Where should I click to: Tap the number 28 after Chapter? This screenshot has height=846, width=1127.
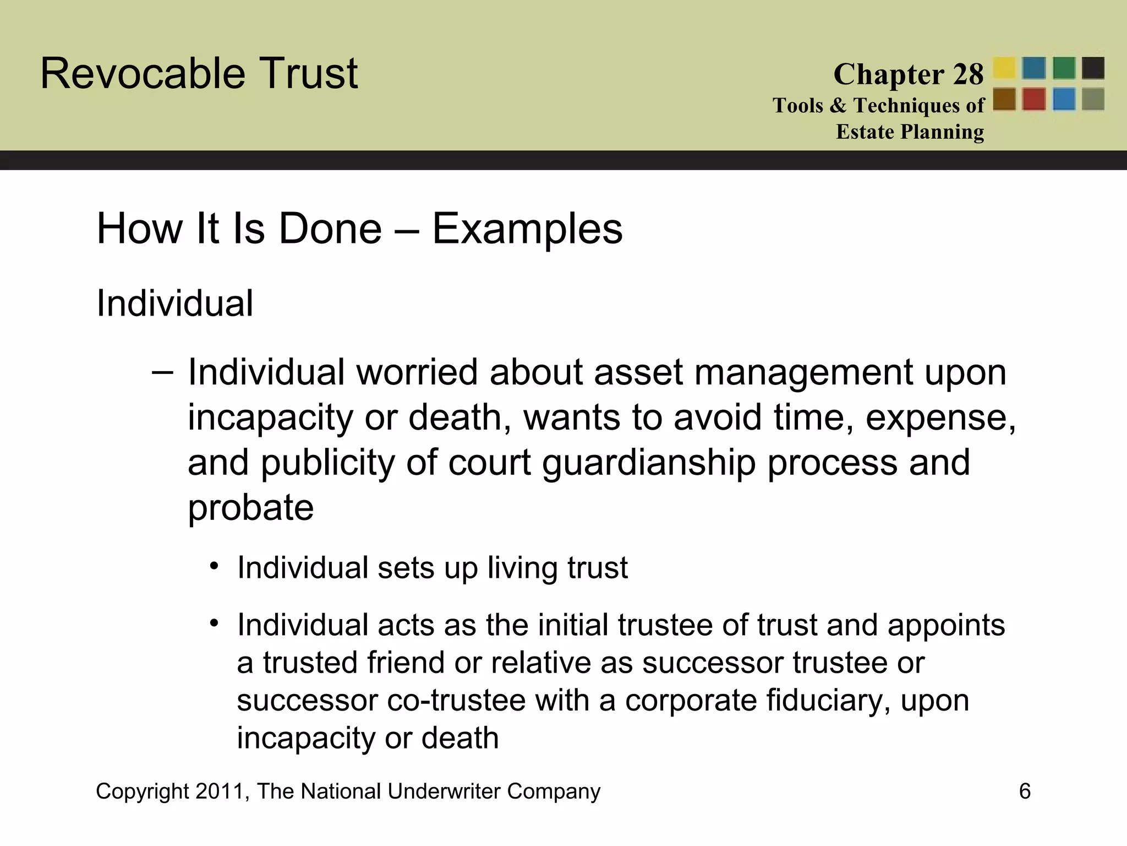pyautogui.click(x=968, y=74)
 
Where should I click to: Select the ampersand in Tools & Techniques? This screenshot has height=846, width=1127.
pyautogui.click(x=838, y=105)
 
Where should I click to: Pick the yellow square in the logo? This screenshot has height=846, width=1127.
pyautogui.click(x=1004, y=68)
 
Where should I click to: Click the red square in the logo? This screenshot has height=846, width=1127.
pyautogui.click(x=1034, y=100)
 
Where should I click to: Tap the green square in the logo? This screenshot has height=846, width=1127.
pyautogui.click(x=1064, y=68)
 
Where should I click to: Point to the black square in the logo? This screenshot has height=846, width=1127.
pyautogui.click(x=1093, y=68)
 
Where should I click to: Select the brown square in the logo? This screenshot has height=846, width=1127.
pyautogui.click(x=1004, y=100)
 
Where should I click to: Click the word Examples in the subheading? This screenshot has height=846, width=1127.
pyautogui.click(x=527, y=229)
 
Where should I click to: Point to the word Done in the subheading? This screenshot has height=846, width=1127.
pyautogui.click(x=330, y=229)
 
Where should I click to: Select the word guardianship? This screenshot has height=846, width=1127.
pyautogui.click(x=649, y=463)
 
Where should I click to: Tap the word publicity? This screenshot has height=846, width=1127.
pyautogui.click(x=328, y=463)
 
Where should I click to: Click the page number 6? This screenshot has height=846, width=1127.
pyautogui.click(x=1025, y=791)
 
